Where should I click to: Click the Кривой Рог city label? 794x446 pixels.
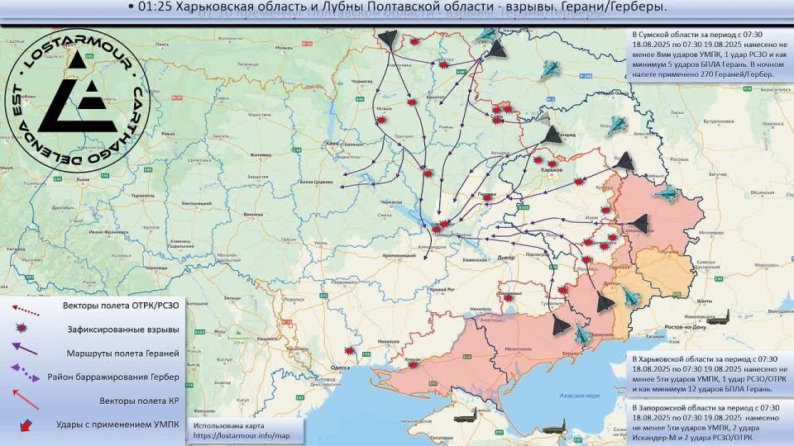(438, 287)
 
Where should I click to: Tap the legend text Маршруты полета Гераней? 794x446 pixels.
(122, 353)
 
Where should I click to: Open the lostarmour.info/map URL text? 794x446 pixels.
(242, 435)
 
